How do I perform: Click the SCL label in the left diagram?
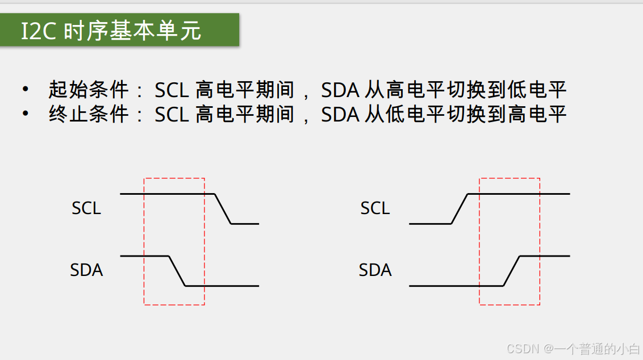pos(86,208)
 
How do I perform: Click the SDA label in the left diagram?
pos(86,270)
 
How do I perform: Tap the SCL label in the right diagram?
pos(375,208)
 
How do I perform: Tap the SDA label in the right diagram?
pos(375,270)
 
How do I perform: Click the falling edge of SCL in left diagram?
pos(223,209)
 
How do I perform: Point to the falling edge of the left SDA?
pos(177,271)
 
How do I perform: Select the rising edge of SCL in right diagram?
pos(459,209)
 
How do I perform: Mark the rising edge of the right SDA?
pos(512,271)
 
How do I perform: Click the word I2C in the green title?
pos(39,31)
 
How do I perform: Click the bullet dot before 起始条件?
pos(25,89)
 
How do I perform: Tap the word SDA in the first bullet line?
pos(340,90)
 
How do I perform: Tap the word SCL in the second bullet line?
pos(172,115)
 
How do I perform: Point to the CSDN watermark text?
pos(574,348)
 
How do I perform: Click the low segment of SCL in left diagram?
pos(245,224)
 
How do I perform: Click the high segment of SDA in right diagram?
pos(545,256)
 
